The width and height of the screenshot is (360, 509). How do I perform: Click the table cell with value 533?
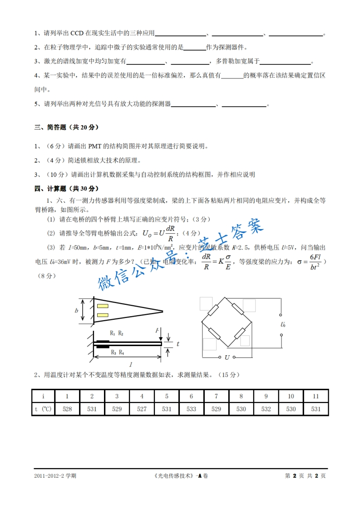pos(191,409)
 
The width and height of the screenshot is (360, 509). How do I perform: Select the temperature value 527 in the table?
pos(142,409)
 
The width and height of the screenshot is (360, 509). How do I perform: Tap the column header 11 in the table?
pos(316,396)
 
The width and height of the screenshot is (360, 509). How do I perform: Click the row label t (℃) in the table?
pos(43,409)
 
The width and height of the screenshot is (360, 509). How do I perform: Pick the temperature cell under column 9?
pos(266,409)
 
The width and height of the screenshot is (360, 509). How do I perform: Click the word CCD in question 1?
pos(80,34)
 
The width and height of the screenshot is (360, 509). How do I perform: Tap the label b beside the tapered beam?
pos(77,311)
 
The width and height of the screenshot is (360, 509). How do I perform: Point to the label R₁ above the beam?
pos(112,333)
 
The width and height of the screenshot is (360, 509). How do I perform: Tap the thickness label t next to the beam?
pos(178,344)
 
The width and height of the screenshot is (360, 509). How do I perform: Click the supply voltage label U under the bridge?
pos(227,357)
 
